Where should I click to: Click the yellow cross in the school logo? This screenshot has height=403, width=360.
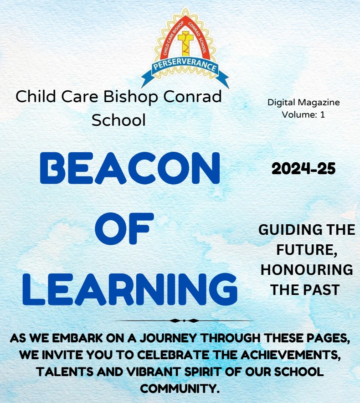pyautogui.click(x=185, y=43)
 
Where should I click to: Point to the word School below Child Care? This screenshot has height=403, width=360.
pyautogui.click(x=119, y=120)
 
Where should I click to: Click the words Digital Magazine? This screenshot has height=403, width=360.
pyautogui.click(x=303, y=103)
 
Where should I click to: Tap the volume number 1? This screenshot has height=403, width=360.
pyautogui.click(x=323, y=114)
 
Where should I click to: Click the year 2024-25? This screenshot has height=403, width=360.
pyautogui.click(x=303, y=169)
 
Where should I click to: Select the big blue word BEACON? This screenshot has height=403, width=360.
pyautogui.click(x=130, y=168)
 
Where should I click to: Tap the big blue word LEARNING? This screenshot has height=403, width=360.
pyautogui.click(x=130, y=289)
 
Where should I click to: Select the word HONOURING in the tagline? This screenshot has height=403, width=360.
pyautogui.click(x=307, y=270)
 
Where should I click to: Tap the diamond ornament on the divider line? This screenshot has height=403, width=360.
pyautogui.click(x=184, y=320)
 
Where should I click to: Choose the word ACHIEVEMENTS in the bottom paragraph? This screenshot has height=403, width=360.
pyautogui.click(x=290, y=356)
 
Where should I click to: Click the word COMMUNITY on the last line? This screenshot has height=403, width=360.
pyautogui.click(x=180, y=388)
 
